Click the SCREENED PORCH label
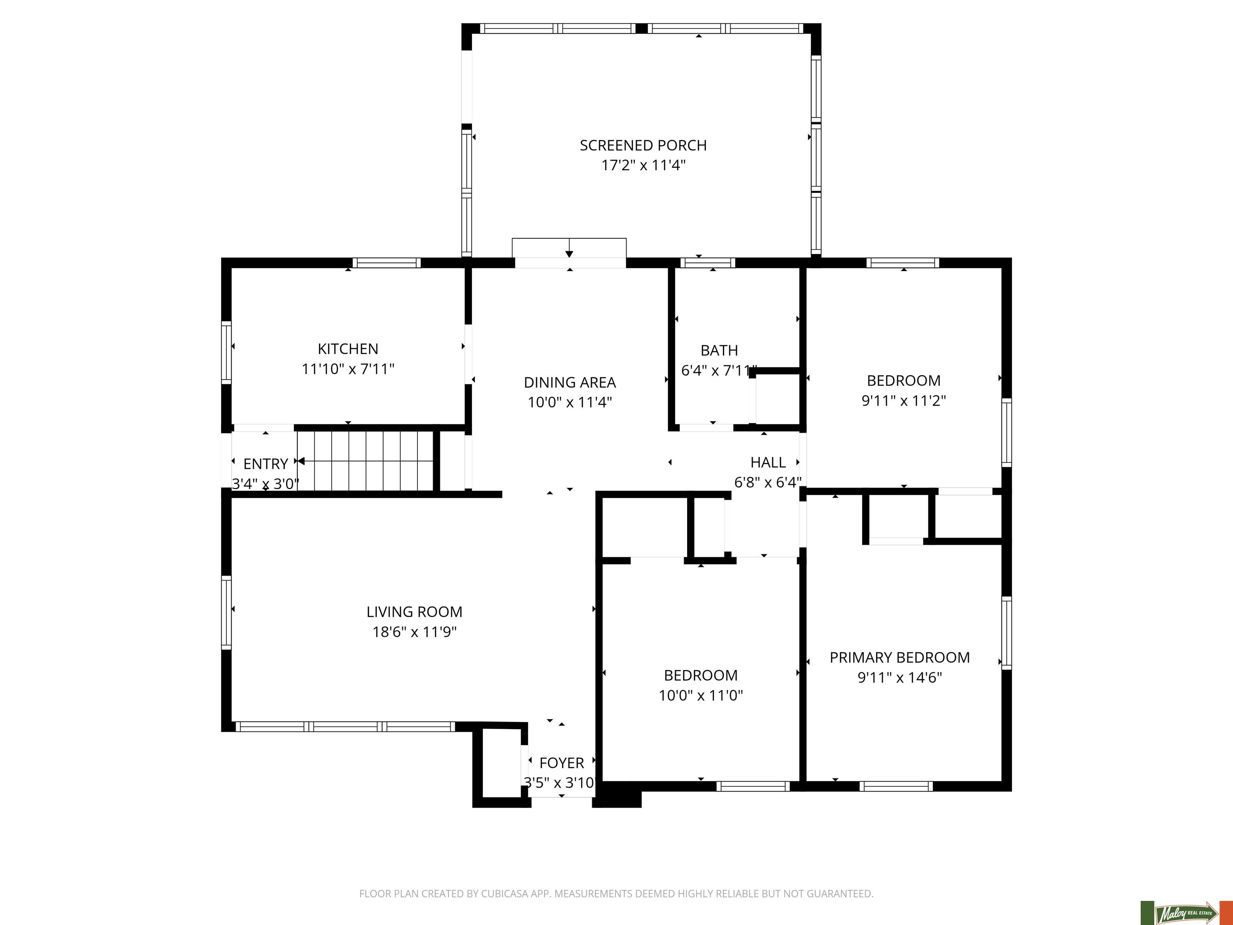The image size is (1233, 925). pos(643,145)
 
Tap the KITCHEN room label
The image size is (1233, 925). pos(348,349)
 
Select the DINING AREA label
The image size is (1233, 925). pos(570,383)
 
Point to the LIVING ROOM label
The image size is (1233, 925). pos(414,612)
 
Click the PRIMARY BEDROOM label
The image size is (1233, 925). pos(900,657)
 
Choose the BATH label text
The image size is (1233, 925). pos(719,351)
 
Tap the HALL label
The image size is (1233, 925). pos(768,462)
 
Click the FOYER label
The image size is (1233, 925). pos(562,763)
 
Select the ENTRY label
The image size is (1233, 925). pos(266,464)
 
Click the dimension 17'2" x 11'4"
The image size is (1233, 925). pos(643,165)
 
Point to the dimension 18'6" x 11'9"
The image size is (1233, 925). pos(414,632)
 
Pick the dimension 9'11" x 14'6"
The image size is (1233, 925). pos(900,677)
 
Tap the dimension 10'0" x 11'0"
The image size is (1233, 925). pos(701,695)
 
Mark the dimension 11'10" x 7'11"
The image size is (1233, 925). pos(348,369)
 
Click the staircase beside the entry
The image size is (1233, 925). pos(366,460)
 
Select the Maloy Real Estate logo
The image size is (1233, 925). pos(1186,912)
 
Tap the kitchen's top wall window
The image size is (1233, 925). pos(386,263)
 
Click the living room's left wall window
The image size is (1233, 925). pos(226,612)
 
